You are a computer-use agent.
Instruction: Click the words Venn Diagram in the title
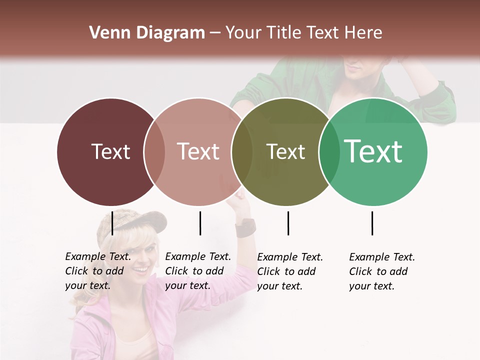coord(146,33)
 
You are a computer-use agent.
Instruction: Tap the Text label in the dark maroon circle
coord(110,151)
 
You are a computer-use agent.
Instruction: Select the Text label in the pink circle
coord(198,151)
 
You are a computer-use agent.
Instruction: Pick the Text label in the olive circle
coord(285,151)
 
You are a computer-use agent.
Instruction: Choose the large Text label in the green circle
coord(373,151)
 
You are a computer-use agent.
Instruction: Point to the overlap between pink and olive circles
coord(241,152)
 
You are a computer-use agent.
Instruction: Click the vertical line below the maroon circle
coord(112,223)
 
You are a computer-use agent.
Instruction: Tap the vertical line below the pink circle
coord(200,223)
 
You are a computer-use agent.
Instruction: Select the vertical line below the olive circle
coord(288,223)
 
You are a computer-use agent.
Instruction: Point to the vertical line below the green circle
coord(372,223)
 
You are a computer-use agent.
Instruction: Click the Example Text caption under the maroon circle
coord(98,271)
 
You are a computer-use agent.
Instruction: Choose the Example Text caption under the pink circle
coord(198,271)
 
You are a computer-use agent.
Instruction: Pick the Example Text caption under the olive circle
coord(290,271)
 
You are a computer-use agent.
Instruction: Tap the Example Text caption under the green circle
coord(382,271)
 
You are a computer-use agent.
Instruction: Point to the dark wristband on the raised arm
coord(245,228)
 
